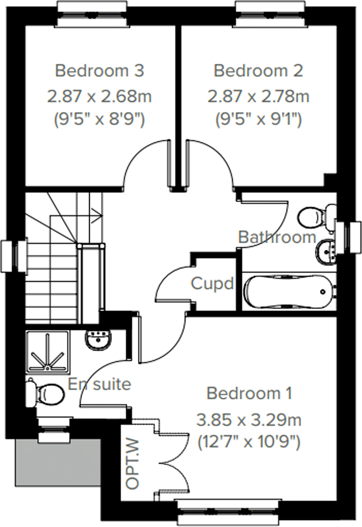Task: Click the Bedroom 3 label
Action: [100, 71]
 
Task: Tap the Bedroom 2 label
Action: [258, 71]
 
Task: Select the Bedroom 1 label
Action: [249, 393]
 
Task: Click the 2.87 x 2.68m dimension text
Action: [99, 96]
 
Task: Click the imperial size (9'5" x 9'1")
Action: [258, 119]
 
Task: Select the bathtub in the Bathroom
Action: [288, 291]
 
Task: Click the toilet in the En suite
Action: [45, 393]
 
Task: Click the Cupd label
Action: [212, 283]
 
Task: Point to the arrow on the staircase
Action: [98, 217]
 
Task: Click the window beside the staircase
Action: [14, 256]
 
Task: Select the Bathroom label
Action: [277, 237]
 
